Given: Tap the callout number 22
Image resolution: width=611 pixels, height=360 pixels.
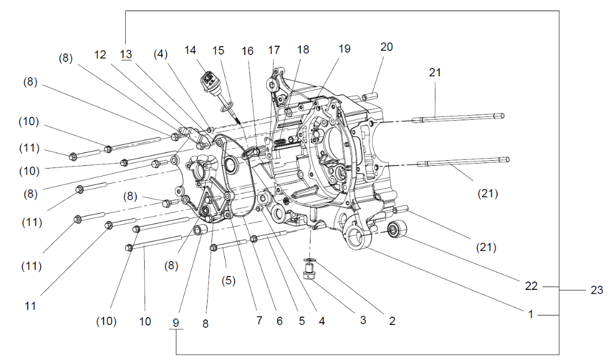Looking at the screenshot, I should pos(531,285).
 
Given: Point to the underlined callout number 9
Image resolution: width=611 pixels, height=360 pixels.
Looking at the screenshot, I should pos(176,322).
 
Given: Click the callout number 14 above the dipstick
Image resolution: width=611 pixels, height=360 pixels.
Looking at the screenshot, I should pos(190,50).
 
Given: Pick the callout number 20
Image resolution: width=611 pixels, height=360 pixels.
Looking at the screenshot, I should pos(386,47).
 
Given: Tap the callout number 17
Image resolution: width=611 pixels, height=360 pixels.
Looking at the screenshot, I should pos(274,50).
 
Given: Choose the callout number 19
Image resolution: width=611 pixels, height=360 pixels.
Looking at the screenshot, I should pos(344,48).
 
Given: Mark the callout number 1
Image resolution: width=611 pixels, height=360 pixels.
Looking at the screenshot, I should pos(531,314).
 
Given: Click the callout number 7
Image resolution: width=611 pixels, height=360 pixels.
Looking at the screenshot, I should pos(258,321).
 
